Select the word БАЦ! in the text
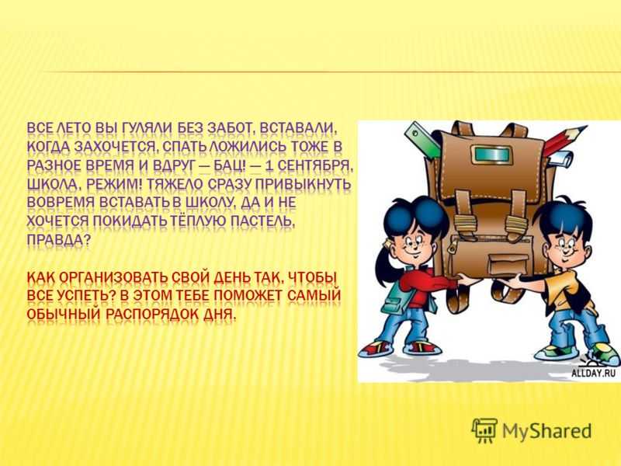point(229,165)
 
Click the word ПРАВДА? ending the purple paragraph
point(59,241)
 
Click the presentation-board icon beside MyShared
point(484,430)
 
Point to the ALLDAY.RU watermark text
point(593,373)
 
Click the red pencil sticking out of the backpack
point(564,140)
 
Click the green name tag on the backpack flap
point(488,154)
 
